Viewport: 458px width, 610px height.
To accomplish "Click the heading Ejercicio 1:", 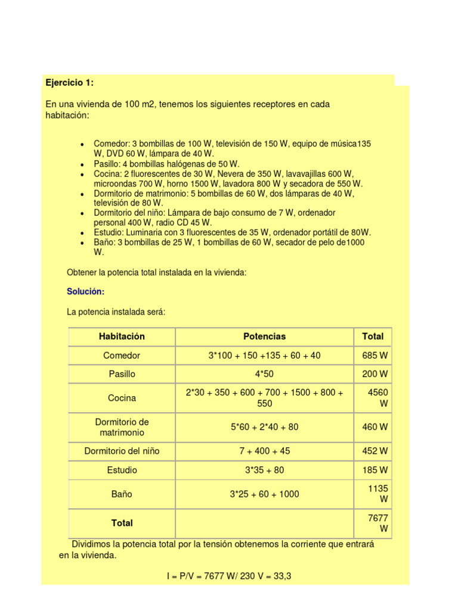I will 70,82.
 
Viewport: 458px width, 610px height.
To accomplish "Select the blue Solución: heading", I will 85,291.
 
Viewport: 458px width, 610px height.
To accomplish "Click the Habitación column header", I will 122,337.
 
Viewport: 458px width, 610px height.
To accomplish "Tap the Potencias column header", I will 264,337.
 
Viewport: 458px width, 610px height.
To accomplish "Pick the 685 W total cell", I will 375,356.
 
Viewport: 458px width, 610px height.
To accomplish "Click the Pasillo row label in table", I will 122,374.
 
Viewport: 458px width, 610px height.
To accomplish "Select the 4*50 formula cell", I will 264,374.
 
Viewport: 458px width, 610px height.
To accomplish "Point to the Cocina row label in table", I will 122,398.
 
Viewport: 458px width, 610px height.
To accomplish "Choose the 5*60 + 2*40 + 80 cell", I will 264,427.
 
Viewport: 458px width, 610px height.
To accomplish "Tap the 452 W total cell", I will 375,451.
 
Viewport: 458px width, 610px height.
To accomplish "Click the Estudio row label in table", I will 122,470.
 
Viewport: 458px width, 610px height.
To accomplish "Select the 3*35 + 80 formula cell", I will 264,470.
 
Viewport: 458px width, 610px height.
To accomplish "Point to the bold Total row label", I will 122,523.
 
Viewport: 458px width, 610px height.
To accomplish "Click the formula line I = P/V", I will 228,576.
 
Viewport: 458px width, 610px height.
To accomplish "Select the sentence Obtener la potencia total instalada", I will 156,272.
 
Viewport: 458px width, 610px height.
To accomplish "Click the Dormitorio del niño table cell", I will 122,451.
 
